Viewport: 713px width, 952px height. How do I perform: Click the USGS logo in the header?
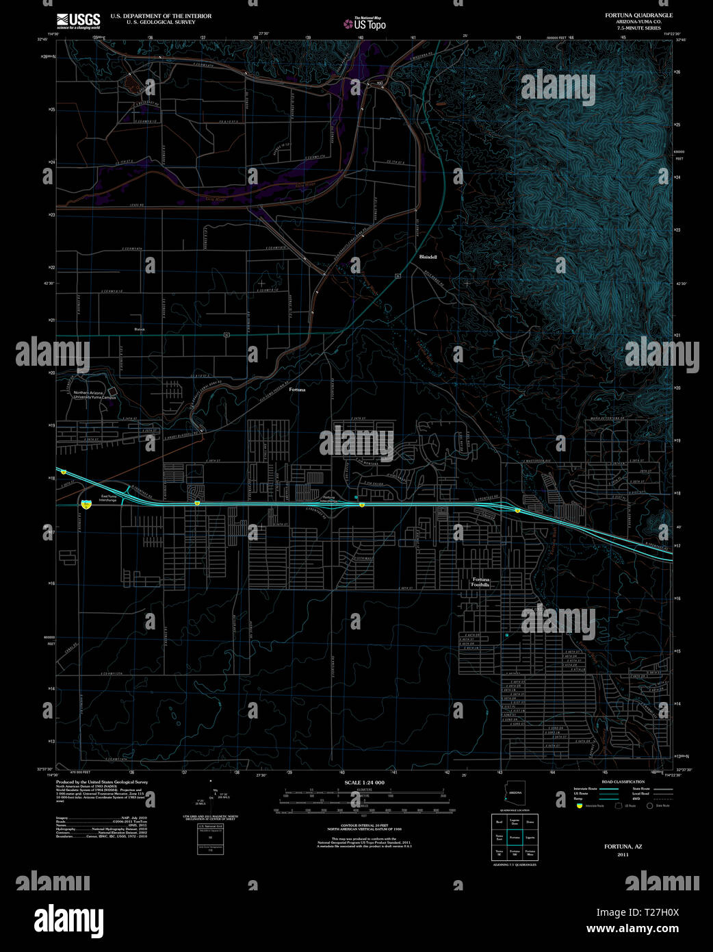pos(78,20)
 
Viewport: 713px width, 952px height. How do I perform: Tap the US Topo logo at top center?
pos(365,24)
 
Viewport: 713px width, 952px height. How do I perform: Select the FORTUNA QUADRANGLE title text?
pos(638,15)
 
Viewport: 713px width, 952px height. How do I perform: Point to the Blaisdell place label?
pos(428,257)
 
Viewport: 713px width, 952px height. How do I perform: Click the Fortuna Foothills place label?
pos(480,582)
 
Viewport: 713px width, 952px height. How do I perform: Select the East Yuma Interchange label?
pos(108,498)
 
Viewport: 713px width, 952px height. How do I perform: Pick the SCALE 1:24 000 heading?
pos(364,783)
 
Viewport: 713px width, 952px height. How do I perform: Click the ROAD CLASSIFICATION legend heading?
pos(623,781)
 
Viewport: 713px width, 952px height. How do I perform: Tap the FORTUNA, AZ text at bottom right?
pos(623,847)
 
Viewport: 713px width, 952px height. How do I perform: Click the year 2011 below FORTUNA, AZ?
pos(623,855)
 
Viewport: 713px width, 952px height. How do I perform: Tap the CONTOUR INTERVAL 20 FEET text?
pos(364,826)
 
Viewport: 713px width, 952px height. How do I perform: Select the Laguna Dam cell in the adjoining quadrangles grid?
pos(515,821)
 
